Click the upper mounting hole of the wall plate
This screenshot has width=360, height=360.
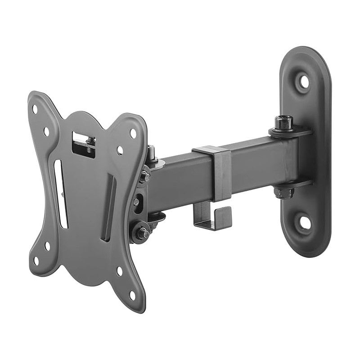(305, 81)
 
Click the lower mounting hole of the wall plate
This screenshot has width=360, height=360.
(305, 222)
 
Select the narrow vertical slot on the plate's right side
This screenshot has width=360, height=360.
(109, 209)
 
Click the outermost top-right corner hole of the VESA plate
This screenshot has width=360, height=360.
(133, 133)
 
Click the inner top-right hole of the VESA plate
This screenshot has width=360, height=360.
(119, 149)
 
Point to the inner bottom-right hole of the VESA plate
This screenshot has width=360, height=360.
(119, 270)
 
